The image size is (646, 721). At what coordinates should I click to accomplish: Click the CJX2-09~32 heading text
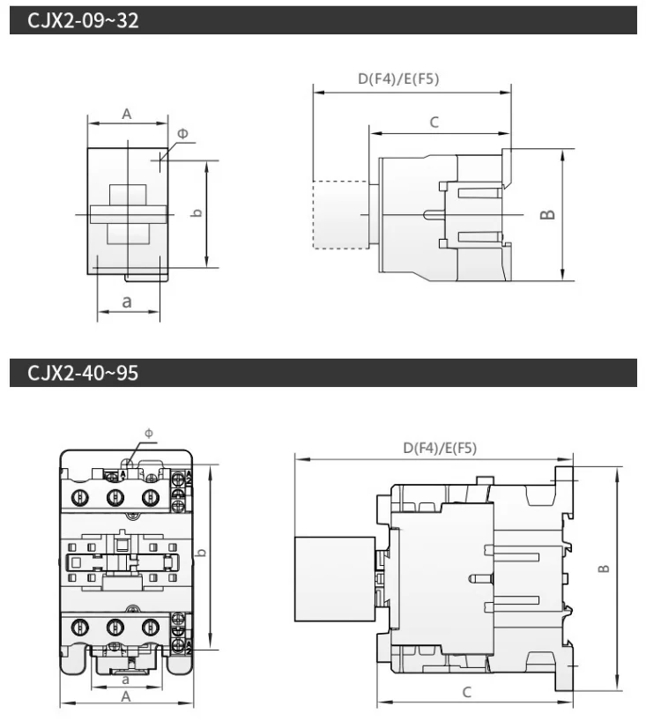(x=83, y=20)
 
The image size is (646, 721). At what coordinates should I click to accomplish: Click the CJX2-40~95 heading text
(x=83, y=373)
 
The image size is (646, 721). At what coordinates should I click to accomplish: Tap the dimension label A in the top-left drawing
(x=126, y=114)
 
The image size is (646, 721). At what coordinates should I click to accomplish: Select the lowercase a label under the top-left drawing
(x=127, y=301)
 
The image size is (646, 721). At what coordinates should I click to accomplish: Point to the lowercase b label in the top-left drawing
(x=197, y=213)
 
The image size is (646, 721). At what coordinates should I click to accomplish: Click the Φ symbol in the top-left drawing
(x=182, y=133)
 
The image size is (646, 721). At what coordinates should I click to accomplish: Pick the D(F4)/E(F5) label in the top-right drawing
(x=398, y=78)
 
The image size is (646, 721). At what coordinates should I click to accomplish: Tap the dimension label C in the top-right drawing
(x=434, y=123)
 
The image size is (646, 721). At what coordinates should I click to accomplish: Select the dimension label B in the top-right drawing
(x=547, y=215)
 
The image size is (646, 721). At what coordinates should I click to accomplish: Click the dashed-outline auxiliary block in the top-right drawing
(x=341, y=215)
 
